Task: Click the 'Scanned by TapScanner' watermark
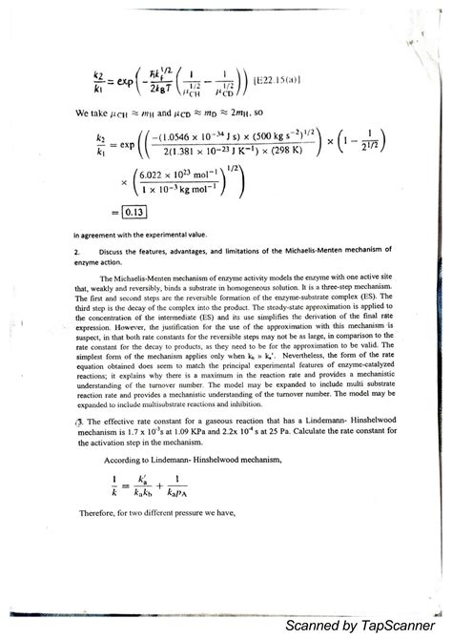point(364,623)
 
